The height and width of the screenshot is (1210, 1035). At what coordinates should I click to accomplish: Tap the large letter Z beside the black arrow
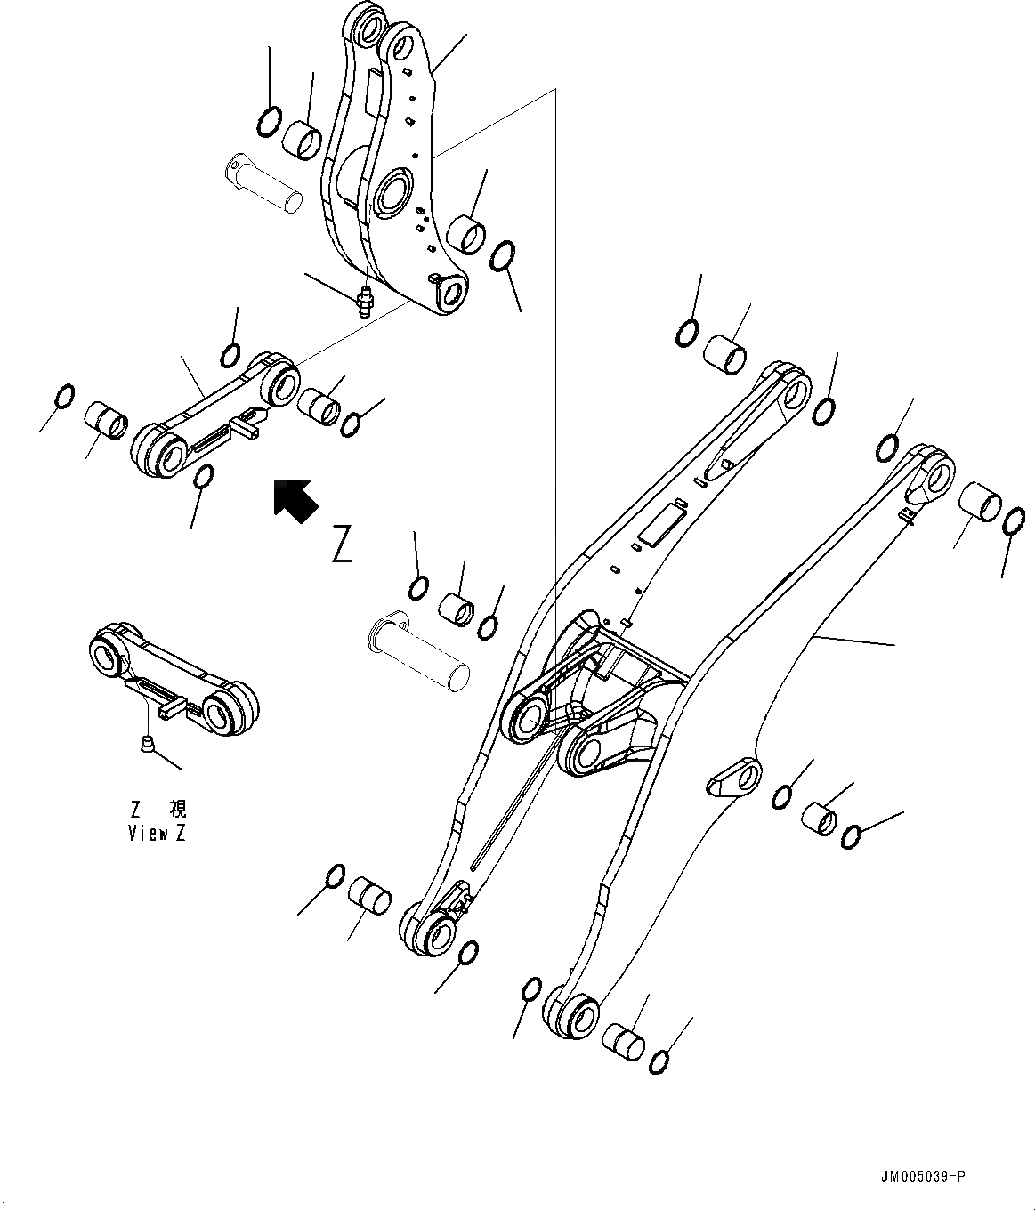tap(342, 544)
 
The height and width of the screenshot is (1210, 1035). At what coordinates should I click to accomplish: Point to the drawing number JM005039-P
tap(920, 1176)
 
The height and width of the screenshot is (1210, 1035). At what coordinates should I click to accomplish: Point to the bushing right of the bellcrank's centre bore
tap(465, 235)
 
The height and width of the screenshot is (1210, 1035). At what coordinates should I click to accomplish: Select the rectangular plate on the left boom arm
tap(659, 525)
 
